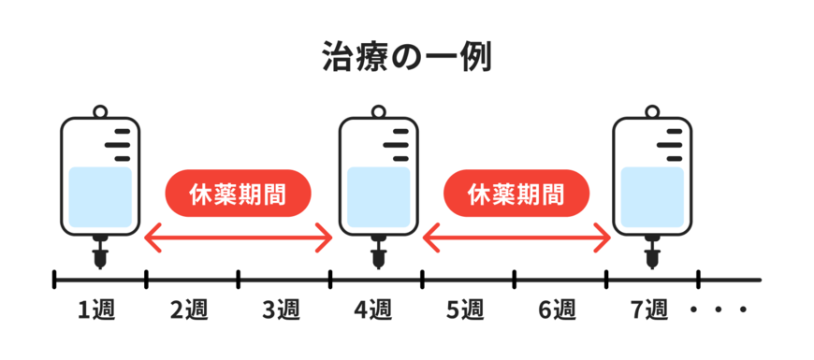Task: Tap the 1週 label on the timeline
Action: [x=95, y=308]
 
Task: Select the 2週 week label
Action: [x=190, y=308]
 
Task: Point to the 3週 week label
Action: [x=282, y=308]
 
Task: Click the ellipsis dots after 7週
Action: [x=719, y=309]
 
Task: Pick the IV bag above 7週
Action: [x=651, y=178]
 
